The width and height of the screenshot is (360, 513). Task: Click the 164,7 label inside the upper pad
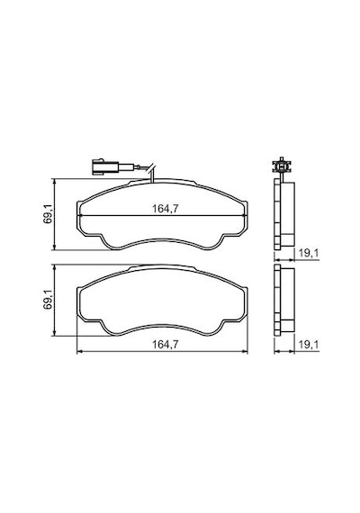click(x=166, y=209)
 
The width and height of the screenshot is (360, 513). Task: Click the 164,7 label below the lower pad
click(x=166, y=344)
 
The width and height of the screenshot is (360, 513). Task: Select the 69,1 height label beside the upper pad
click(x=47, y=213)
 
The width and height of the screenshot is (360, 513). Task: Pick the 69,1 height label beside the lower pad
click(x=47, y=299)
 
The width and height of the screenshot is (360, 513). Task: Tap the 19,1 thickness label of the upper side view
click(x=309, y=253)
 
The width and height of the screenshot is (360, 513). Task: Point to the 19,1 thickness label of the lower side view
click(x=309, y=344)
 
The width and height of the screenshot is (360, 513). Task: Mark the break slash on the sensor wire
click(x=151, y=168)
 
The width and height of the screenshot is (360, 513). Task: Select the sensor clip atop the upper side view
click(x=282, y=166)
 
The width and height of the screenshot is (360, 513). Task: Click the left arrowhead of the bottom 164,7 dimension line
click(x=78, y=351)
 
